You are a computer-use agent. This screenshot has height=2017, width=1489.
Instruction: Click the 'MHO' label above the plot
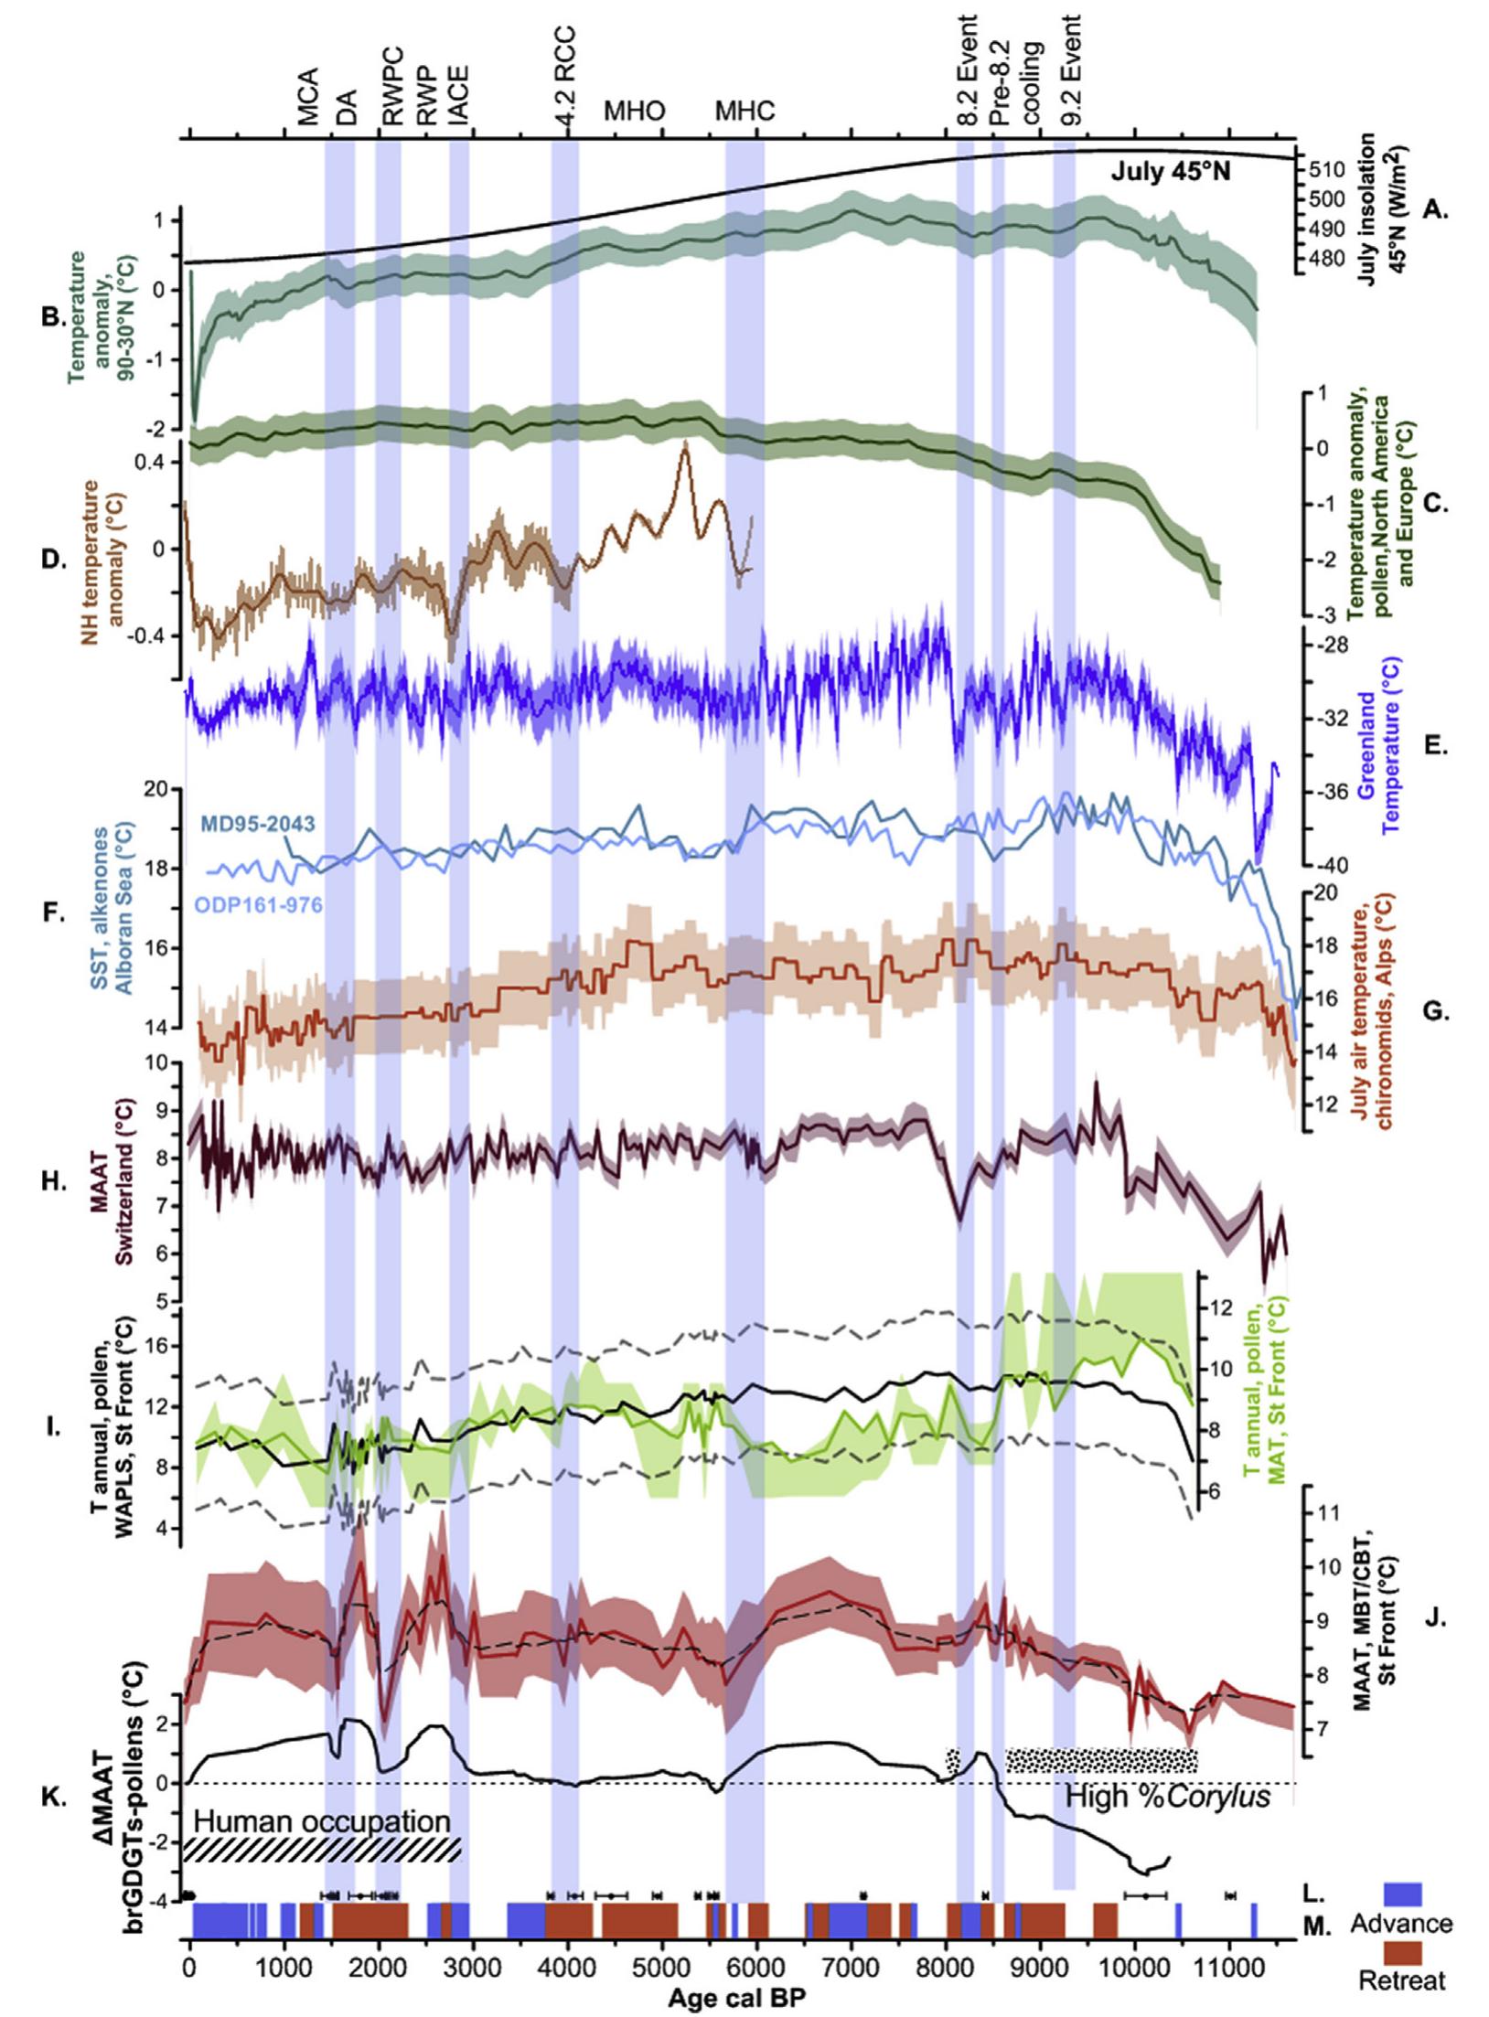click(634, 112)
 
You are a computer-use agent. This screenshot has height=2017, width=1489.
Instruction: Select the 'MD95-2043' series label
click(257, 824)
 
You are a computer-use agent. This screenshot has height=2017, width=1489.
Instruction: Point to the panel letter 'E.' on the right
click(1435, 746)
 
